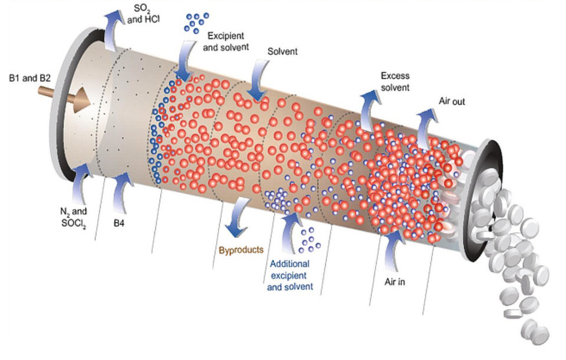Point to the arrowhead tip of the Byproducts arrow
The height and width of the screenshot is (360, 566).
click(x=236, y=237)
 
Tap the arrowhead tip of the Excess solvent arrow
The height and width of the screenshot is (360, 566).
click(x=371, y=91)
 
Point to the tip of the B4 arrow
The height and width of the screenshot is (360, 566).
click(x=125, y=173)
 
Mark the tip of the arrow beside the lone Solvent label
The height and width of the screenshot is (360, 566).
click(x=256, y=101)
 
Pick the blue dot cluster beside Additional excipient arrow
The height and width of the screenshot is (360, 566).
click(x=309, y=240)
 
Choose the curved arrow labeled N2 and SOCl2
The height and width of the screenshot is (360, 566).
click(x=81, y=184)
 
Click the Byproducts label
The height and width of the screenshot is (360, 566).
click(x=241, y=250)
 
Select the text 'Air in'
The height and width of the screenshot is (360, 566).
click(x=394, y=282)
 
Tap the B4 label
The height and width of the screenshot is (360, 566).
click(x=119, y=223)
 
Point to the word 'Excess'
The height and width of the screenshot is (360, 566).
click(x=395, y=76)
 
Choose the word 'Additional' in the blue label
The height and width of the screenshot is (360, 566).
click(x=289, y=264)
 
